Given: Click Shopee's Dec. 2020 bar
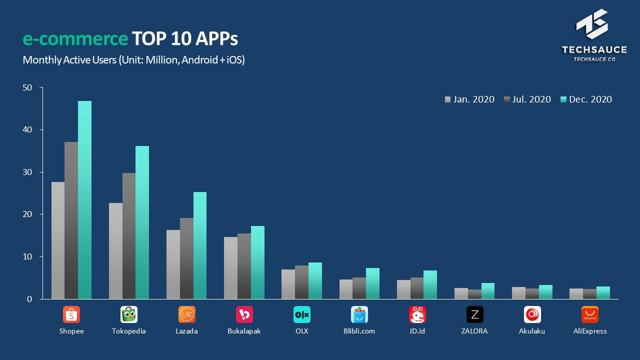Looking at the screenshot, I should [x=84, y=200].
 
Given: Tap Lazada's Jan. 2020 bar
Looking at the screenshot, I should [x=173, y=264].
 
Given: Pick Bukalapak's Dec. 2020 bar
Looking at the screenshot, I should [x=257, y=262].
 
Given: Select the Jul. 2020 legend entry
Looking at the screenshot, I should [x=527, y=99].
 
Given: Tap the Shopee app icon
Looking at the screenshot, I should [x=71, y=314].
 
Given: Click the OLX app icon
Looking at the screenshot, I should [x=302, y=314].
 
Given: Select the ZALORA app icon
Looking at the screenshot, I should [x=475, y=314].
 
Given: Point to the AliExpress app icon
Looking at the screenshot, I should [x=590, y=314].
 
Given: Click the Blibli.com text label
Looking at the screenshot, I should [x=359, y=331].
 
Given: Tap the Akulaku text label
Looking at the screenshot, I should [x=532, y=331].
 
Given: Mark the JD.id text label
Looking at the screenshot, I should [x=417, y=331].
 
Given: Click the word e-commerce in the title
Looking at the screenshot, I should [x=75, y=38].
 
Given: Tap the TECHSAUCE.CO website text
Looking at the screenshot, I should [x=594, y=59].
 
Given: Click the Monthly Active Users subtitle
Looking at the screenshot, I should [x=133, y=60].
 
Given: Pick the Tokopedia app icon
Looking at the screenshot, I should [x=129, y=314].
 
